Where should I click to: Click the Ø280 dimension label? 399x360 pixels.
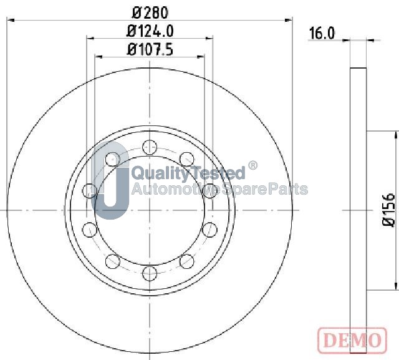[x=150, y=12]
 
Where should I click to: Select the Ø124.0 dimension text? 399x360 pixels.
[x=150, y=31]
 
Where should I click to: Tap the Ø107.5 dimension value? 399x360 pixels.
[x=150, y=49]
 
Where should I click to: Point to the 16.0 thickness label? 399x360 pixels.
[x=322, y=33]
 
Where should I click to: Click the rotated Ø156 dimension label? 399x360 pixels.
[x=389, y=210]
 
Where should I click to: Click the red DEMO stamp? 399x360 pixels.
[x=352, y=340]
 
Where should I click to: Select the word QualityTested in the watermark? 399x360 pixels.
[x=189, y=173]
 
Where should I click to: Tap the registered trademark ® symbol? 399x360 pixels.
[x=252, y=165]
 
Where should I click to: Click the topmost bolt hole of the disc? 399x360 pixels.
[x=150, y=147]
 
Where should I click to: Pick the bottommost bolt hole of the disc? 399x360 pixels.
[x=150, y=273]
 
